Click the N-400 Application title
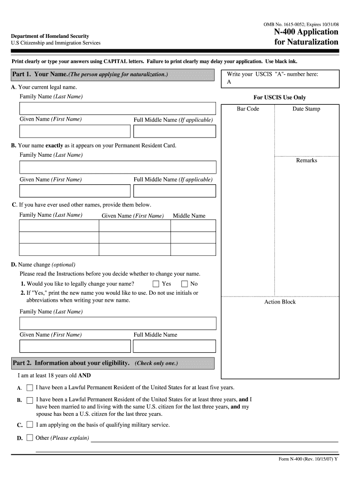(306, 32)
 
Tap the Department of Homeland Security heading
(50, 36)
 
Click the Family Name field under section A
(117, 109)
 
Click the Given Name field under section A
(75, 131)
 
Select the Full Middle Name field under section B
(174, 191)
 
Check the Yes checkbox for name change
(156, 284)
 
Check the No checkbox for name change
(184, 284)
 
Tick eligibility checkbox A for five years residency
(29, 388)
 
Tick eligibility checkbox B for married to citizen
(29, 400)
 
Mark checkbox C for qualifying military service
(29, 425)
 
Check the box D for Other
(29, 438)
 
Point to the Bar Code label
(248, 109)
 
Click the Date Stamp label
(306, 109)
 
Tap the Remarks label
(306, 160)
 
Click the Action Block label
(280, 302)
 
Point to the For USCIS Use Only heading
(280, 98)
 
